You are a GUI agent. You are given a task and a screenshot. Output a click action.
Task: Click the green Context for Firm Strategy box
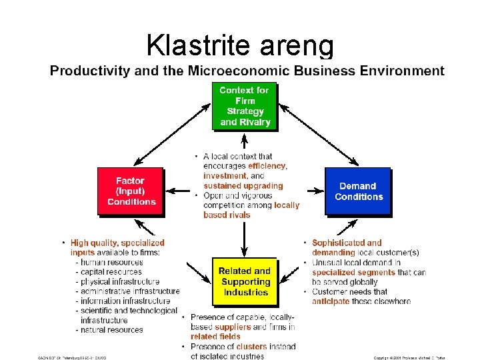click(245, 106)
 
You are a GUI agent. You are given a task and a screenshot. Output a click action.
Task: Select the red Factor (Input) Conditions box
click(131, 191)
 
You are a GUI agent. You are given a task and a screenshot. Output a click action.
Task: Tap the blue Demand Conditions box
click(359, 191)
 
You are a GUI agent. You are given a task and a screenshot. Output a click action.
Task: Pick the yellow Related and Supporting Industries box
click(245, 281)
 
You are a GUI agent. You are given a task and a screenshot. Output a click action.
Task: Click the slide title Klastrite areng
click(239, 45)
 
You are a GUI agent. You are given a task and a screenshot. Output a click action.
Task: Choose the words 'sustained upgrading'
click(243, 186)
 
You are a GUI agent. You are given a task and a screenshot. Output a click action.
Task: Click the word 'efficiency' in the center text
click(267, 166)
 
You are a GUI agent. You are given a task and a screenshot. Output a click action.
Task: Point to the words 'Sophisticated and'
click(347, 243)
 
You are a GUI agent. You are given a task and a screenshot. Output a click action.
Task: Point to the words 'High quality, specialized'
click(117, 243)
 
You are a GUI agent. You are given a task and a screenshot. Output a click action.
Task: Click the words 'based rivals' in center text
click(227, 215)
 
